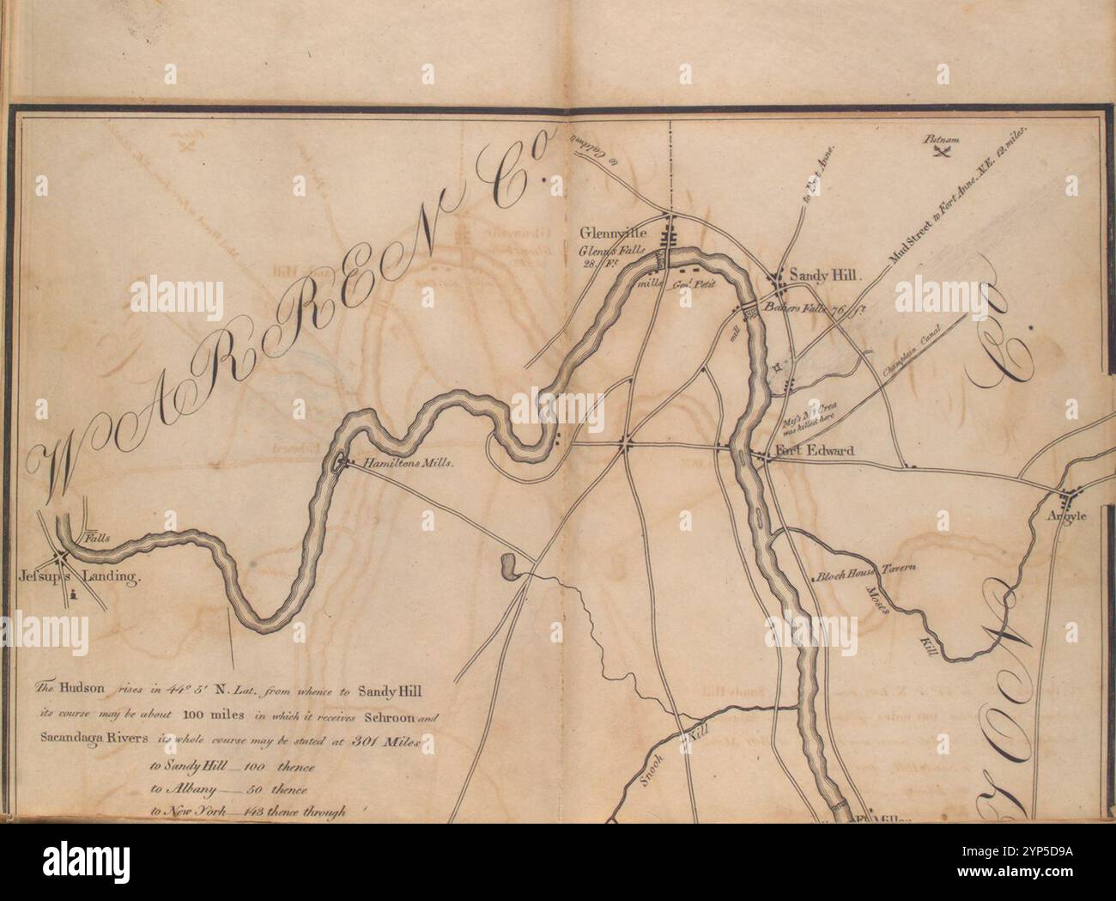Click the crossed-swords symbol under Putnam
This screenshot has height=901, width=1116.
(940, 153)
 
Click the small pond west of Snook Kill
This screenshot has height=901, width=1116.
(509, 567)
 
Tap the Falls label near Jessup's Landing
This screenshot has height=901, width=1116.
(98, 538)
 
